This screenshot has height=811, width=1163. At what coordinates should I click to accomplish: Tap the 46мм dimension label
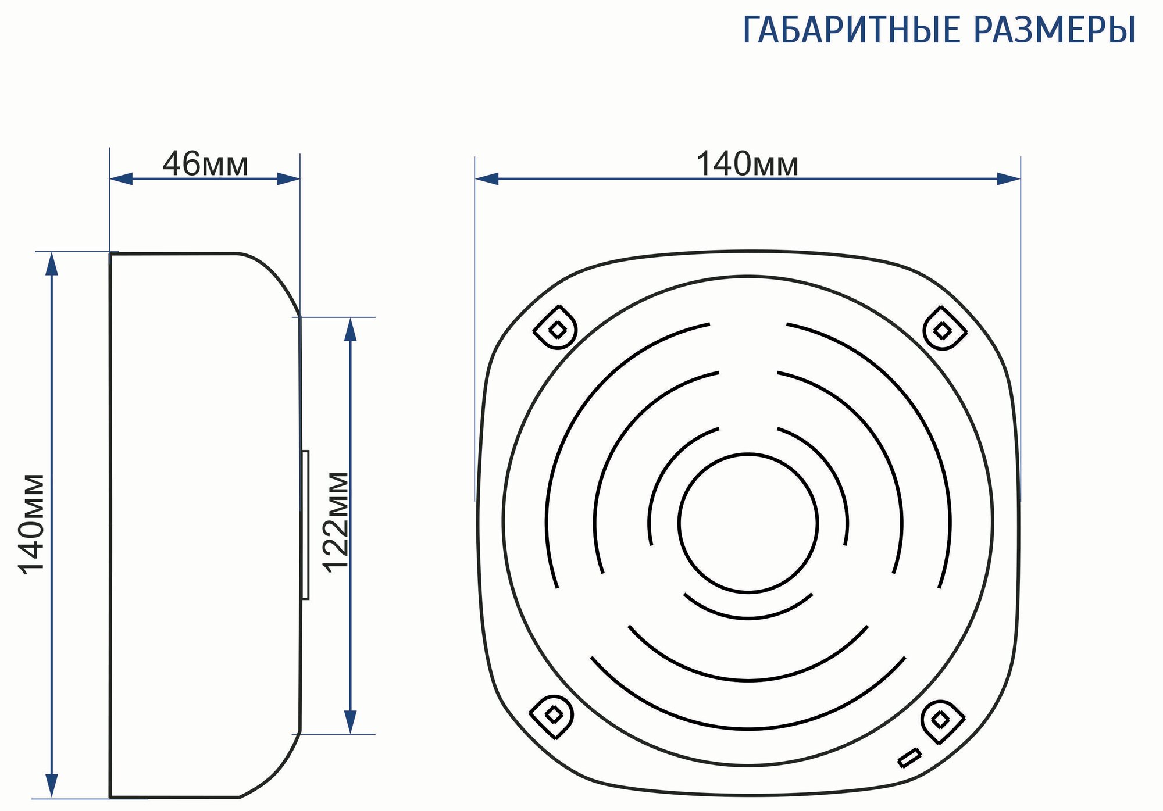coord(205,164)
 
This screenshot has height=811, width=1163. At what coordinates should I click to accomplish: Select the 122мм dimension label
coord(336,522)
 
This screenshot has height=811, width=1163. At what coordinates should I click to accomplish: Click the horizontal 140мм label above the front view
coord(747,164)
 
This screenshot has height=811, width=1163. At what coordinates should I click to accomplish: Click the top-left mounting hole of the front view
coord(556,330)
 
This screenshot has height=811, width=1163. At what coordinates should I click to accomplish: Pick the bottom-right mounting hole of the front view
coord(940,720)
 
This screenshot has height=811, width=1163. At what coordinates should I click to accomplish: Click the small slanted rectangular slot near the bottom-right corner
coord(909,758)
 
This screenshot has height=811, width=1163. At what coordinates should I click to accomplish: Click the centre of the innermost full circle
coord(748,523)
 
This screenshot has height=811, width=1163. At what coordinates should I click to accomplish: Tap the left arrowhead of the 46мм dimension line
coord(121,179)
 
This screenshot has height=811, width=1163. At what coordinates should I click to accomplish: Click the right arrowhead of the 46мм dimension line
coord(288,179)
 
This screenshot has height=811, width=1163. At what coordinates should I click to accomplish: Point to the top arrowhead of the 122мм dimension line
coord(349,329)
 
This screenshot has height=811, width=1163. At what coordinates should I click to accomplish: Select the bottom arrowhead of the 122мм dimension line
coord(349,722)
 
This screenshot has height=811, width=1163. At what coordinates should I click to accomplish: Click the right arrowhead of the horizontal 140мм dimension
coord(1009,179)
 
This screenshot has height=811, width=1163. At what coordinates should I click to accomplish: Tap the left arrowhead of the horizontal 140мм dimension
coord(487,179)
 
